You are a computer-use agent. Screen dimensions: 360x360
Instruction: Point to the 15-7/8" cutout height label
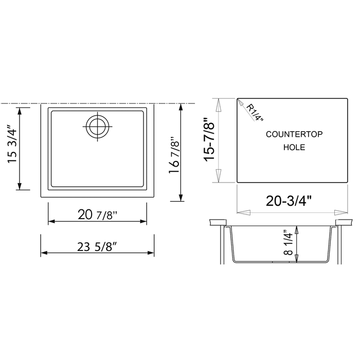(x=209, y=140)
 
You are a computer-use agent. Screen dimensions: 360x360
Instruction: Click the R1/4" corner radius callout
(x=254, y=113)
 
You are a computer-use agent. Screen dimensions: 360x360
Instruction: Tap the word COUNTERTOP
(x=294, y=134)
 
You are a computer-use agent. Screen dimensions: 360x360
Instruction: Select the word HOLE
(x=294, y=148)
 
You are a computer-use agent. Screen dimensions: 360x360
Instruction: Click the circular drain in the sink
(x=97, y=126)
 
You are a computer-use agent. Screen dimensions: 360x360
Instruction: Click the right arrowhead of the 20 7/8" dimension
(x=143, y=222)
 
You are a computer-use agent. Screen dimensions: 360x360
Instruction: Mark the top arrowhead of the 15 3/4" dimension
(x=20, y=110)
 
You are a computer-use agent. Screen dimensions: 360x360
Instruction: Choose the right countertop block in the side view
(x=343, y=223)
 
